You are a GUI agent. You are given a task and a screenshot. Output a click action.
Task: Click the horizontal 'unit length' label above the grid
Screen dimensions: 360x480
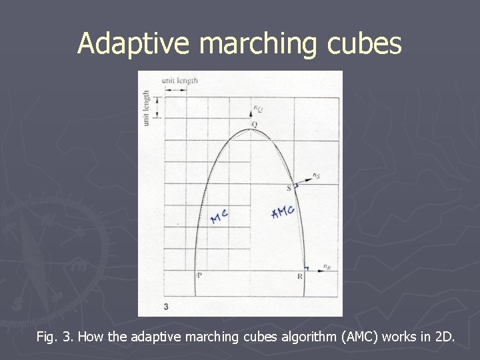[x=179, y=81]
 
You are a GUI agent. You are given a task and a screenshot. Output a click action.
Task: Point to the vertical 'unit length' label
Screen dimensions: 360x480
[x=147, y=108]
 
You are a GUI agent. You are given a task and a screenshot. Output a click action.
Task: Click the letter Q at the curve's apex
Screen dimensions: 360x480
[x=254, y=125]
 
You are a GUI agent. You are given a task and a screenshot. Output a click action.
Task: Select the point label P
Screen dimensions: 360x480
[x=199, y=275]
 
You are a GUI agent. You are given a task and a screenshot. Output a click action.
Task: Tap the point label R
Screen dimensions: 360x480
[x=301, y=275]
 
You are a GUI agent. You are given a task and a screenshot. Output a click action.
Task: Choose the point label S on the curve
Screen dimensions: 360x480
[x=289, y=187]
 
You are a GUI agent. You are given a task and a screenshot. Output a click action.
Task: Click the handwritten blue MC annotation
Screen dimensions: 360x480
[x=219, y=216]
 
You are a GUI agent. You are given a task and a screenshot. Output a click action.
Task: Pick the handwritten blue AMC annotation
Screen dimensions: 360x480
[x=283, y=213]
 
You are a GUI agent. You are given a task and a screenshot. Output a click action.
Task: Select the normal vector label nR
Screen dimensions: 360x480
[x=326, y=267]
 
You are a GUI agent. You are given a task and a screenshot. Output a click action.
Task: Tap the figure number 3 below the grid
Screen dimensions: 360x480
[x=165, y=305]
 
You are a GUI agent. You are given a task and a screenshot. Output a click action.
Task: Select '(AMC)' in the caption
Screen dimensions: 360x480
[x=360, y=337]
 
